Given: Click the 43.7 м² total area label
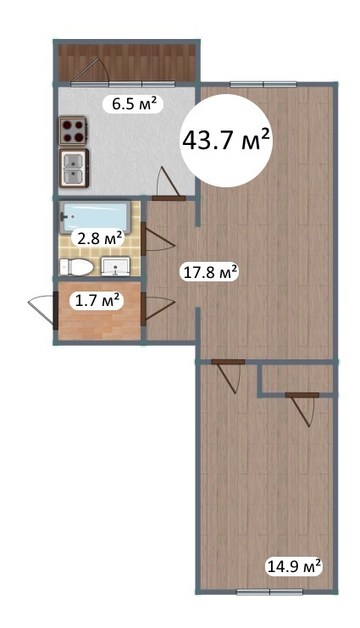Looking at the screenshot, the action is (225, 140).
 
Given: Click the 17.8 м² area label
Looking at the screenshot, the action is (211, 272).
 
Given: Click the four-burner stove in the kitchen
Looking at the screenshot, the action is (74, 131).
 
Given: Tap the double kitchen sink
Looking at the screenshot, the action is (74, 168).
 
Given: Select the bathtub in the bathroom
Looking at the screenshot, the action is (95, 217).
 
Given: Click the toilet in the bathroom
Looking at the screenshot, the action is (75, 267).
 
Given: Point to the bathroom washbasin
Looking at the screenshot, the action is (115, 267).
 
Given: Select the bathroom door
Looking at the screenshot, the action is (158, 239).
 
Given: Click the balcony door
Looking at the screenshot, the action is (90, 72).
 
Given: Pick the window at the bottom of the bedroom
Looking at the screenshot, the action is (269, 592).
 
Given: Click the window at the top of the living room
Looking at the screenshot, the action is (263, 84).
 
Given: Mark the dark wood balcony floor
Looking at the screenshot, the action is (127, 62).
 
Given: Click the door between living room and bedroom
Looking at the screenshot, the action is (228, 376).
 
